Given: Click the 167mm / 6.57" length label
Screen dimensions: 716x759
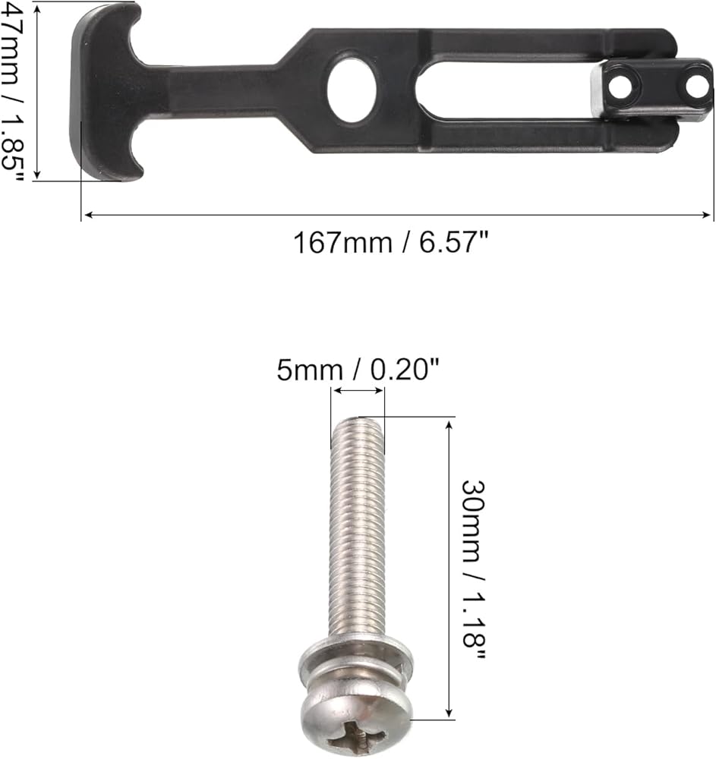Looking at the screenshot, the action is coord(391,242).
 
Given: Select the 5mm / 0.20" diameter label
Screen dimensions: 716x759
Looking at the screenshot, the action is coord(358,370).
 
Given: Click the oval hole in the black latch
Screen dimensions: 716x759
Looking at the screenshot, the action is coord(352,87).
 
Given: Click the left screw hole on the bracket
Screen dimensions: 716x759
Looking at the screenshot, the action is coord(620,88).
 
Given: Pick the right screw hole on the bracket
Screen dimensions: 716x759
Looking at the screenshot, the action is coord(698,87).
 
